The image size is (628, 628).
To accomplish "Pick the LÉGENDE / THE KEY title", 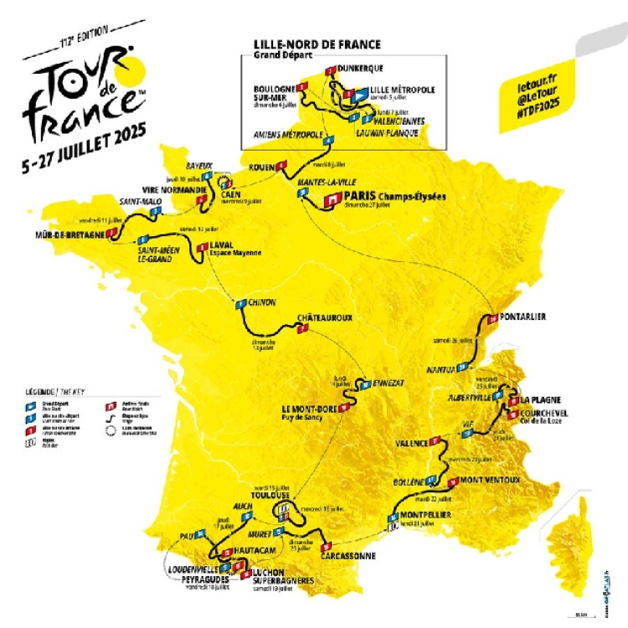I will click(51, 390).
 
